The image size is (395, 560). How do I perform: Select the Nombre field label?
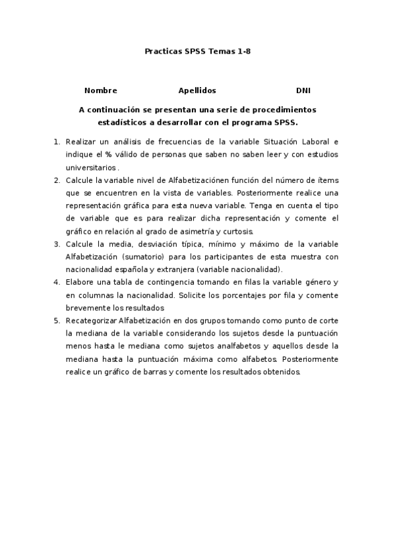tap(101, 90)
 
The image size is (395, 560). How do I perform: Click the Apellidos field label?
tap(197, 90)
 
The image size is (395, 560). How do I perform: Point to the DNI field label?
tap(303, 90)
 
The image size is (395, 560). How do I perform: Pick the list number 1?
tap(57, 142)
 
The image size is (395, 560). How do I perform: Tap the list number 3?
tap(57, 244)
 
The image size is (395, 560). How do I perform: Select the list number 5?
tap(57, 320)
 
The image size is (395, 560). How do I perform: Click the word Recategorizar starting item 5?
tap(90, 320)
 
